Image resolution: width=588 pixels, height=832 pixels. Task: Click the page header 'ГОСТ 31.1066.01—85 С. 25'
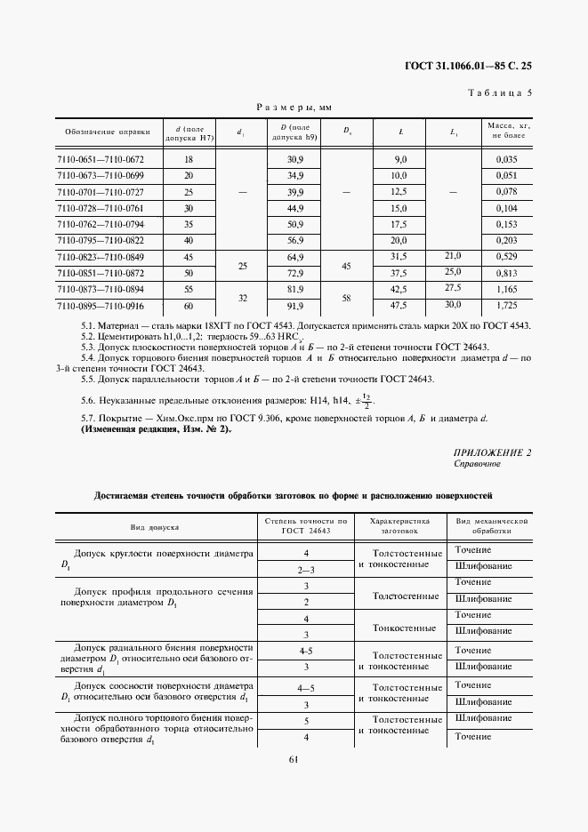(468, 67)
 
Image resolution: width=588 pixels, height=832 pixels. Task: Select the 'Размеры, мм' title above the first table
(294, 107)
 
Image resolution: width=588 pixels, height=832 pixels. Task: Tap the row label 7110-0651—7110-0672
(100, 159)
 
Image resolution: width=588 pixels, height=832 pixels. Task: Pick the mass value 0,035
(506, 159)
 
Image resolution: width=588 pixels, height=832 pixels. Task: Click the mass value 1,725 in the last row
(506, 306)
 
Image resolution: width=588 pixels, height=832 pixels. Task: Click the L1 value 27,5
(453, 289)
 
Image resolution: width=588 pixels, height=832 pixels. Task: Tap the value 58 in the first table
(347, 298)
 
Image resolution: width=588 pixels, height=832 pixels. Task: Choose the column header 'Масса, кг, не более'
(506, 132)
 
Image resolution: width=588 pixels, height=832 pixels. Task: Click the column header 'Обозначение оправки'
(100, 132)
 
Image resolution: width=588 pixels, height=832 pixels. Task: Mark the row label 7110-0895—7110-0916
(100, 306)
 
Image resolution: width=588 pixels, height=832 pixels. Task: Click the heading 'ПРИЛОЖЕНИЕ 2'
(492, 452)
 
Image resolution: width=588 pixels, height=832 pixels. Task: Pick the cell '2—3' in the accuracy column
(306, 568)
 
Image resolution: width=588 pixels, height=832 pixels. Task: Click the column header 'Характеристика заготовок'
(399, 526)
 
